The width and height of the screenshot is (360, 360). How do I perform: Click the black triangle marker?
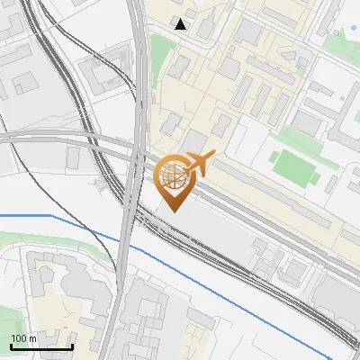pyautogui.click(x=181, y=24)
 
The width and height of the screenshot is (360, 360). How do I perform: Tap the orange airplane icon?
pyautogui.click(x=199, y=164)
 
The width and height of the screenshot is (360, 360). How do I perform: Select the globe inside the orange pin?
pyautogui.click(x=173, y=174)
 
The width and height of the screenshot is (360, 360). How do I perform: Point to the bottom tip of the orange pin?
pyautogui.click(x=173, y=211)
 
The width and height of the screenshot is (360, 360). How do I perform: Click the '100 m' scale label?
pyautogui.click(x=23, y=337)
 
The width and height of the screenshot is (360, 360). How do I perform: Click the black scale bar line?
pyautogui.click(x=41, y=346)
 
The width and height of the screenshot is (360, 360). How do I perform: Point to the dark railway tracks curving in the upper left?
pyautogui.click(x=54, y=54)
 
